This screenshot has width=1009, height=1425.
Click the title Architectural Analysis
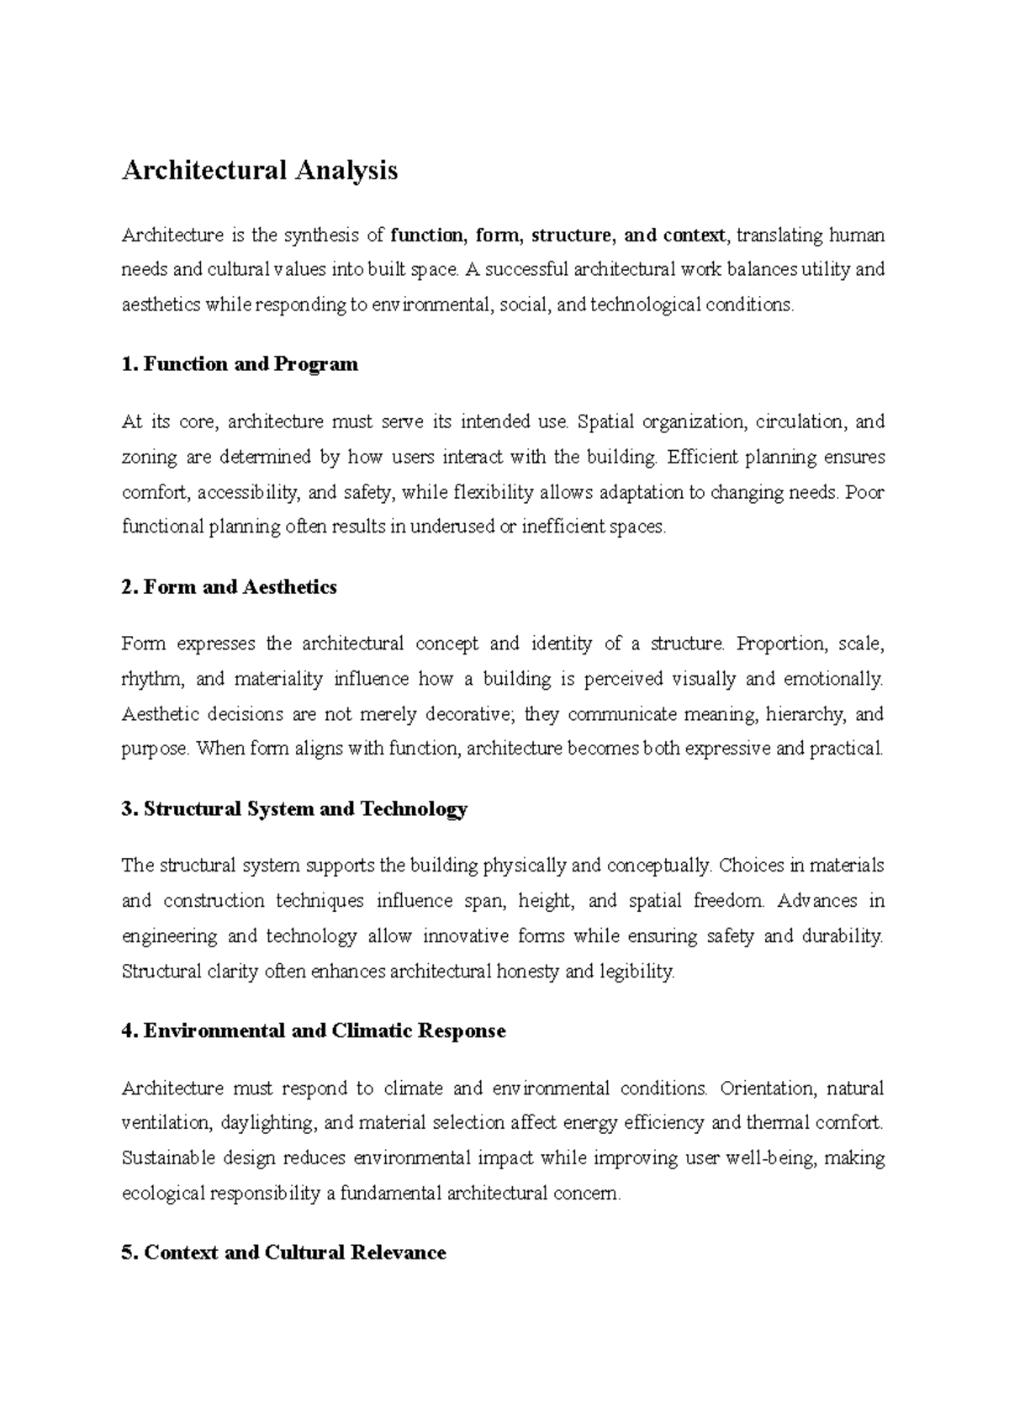coord(260,171)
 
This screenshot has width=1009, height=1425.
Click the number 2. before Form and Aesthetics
coord(129,587)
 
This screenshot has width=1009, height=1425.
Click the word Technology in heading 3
coord(414,809)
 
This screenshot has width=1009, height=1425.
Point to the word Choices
coord(749,866)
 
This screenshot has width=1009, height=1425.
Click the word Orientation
coord(768,1089)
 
